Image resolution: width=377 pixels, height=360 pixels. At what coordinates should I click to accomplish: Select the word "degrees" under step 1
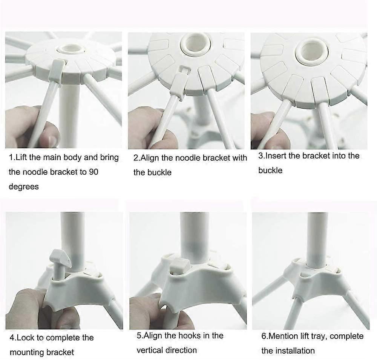point(23,186)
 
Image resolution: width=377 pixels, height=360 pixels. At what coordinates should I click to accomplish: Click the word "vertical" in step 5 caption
point(151,350)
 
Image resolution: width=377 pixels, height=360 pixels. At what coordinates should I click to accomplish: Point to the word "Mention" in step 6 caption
point(281,336)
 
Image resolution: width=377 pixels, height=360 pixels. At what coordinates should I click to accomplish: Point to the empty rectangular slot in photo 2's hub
point(184,69)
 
